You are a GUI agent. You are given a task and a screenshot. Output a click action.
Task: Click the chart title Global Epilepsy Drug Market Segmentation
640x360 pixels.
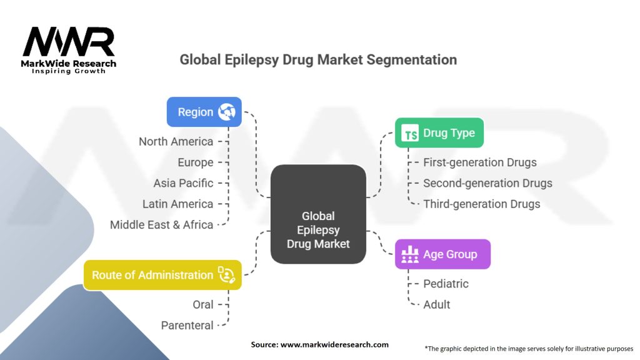tap(318, 60)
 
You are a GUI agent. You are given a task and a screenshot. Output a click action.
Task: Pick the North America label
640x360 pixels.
tap(176, 141)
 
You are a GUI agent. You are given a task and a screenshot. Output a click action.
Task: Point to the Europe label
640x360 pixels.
tap(195, 162)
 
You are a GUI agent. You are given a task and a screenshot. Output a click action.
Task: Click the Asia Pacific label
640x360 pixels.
tap(183, 183)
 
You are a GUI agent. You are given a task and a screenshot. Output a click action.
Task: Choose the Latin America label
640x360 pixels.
tap(177, 204)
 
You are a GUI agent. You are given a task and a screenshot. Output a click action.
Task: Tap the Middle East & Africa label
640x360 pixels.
tap(161, 224)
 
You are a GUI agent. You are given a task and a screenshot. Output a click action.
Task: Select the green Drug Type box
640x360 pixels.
tap(439, 132)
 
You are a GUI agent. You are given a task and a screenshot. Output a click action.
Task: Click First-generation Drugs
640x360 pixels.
tap(479, 162)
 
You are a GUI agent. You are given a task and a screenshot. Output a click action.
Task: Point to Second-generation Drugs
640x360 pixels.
tap(487, 183)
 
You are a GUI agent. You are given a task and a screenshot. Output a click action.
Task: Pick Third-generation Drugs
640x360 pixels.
tap(481, 204)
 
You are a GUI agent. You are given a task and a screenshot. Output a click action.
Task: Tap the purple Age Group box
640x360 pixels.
tap(442, 254)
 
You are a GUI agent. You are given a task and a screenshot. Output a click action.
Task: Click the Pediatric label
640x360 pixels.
tap(446, 284)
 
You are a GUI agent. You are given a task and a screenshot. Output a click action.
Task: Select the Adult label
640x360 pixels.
tap(437, 304)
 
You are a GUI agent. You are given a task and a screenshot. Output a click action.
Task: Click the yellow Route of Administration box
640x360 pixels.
tap(162, 275)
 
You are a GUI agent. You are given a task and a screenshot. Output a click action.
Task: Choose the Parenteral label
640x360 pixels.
tap(187, 325)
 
